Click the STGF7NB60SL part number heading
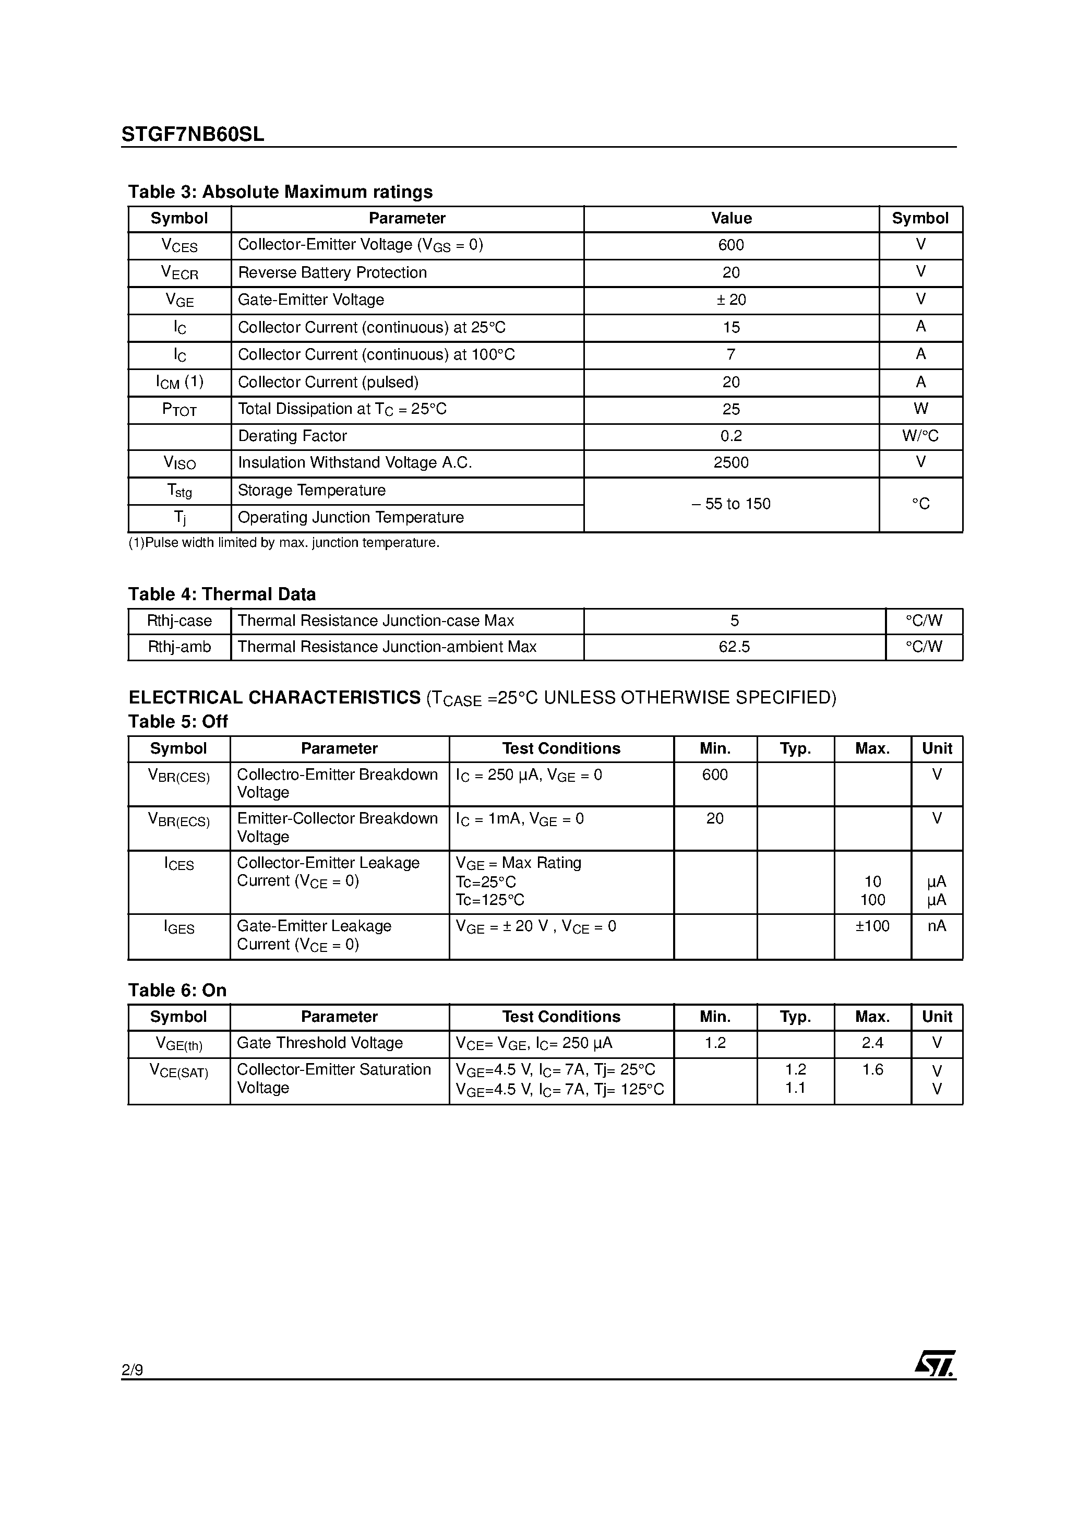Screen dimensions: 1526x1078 coord(193,134)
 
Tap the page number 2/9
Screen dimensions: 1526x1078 coord(132,1370)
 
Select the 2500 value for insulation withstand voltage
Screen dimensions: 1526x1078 coord(730,462)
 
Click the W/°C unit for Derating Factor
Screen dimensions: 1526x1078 coord(920,436)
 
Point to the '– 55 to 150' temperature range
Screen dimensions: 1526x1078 coord(730,504)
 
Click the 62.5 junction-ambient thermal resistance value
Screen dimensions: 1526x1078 coord(734,647)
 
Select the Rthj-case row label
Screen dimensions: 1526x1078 coord(179,621)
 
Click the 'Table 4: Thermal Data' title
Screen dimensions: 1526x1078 coord(221,594)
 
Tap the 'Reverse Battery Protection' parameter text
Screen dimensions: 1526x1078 coord(332,272)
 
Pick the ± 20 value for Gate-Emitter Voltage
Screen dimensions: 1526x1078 coord(730,300)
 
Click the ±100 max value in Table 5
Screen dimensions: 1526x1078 coord(872,926)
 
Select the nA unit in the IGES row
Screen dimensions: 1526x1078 coord(937,926)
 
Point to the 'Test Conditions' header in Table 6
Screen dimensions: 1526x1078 coord(561,1017)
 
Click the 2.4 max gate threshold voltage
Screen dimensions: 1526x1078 coord(872,1043)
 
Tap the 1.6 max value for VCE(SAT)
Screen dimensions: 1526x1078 coord(872,1069)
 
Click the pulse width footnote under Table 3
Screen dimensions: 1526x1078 coord(284,543)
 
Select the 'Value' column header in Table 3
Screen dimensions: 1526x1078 coord(731,219)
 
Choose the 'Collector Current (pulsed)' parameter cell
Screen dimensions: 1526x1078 coord(328,382)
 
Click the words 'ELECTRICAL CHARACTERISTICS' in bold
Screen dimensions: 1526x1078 coord(274,697)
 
